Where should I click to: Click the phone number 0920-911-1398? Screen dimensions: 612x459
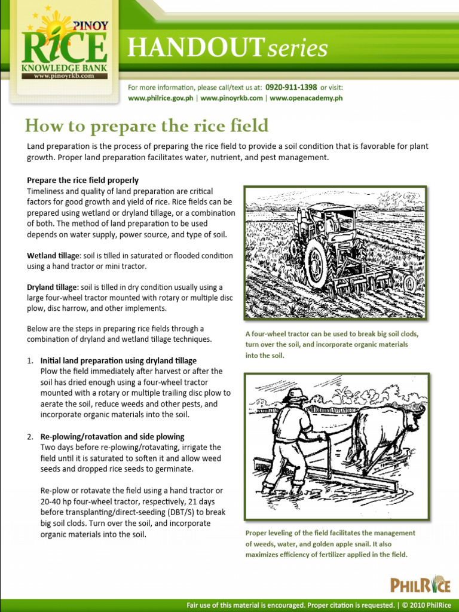290,87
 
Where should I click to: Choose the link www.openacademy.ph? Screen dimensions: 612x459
306,98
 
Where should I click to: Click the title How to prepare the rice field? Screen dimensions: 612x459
146,126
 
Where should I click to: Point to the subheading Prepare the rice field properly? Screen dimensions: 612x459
82,180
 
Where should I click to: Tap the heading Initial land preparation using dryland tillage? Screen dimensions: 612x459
118,360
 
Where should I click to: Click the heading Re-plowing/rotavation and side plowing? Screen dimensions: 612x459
112,436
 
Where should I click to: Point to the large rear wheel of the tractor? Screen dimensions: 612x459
316,264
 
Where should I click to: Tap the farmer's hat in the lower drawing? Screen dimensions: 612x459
295,394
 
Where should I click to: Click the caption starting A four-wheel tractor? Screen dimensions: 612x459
332,344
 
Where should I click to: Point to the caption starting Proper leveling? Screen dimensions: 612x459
330,543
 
